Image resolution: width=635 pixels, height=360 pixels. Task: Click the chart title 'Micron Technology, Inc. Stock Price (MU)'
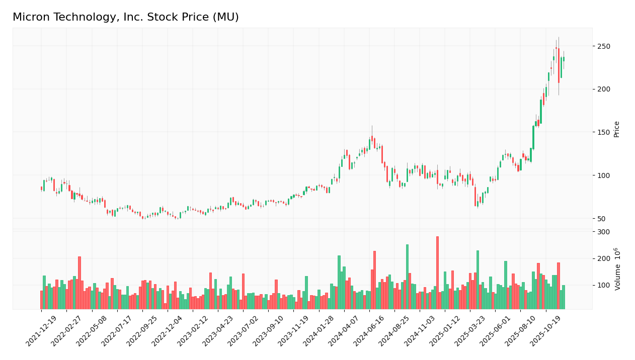[126, 18]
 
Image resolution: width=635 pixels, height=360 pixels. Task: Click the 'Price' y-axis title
[616, 129]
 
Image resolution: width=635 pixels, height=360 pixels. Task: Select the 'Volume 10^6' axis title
[617, 269]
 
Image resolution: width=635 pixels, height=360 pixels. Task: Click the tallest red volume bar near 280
[437, 273]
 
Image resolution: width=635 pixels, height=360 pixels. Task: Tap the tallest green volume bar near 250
[407, 277]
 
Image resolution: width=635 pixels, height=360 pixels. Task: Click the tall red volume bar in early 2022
[80, 283]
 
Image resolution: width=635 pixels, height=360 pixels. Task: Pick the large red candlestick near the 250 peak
[559, 65]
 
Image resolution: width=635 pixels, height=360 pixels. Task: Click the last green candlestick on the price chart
[564, 59]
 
